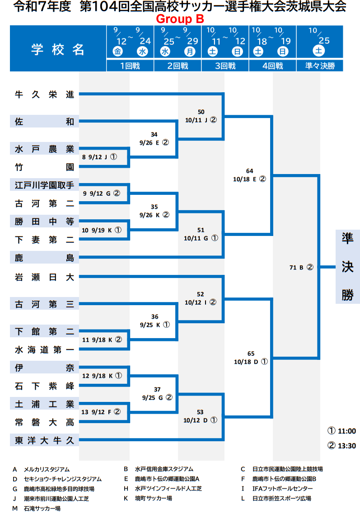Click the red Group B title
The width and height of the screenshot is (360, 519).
coord(180,19)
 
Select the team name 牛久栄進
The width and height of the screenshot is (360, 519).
coord(44,94)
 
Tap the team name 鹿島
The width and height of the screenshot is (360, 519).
coord(44,258)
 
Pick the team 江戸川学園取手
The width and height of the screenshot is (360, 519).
coord(44,184)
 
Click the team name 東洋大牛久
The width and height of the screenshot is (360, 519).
coord(44,440)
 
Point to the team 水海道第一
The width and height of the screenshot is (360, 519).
coord(44,349)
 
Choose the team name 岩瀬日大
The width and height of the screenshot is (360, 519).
coord(44,277)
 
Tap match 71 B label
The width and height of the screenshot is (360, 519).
coord(301,267)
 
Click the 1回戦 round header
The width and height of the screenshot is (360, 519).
coord(130,66)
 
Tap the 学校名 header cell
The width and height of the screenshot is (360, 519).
coord(58,49)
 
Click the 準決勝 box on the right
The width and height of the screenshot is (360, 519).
coord(347,267)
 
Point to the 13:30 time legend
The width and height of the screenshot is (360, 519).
coord(342,446)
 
